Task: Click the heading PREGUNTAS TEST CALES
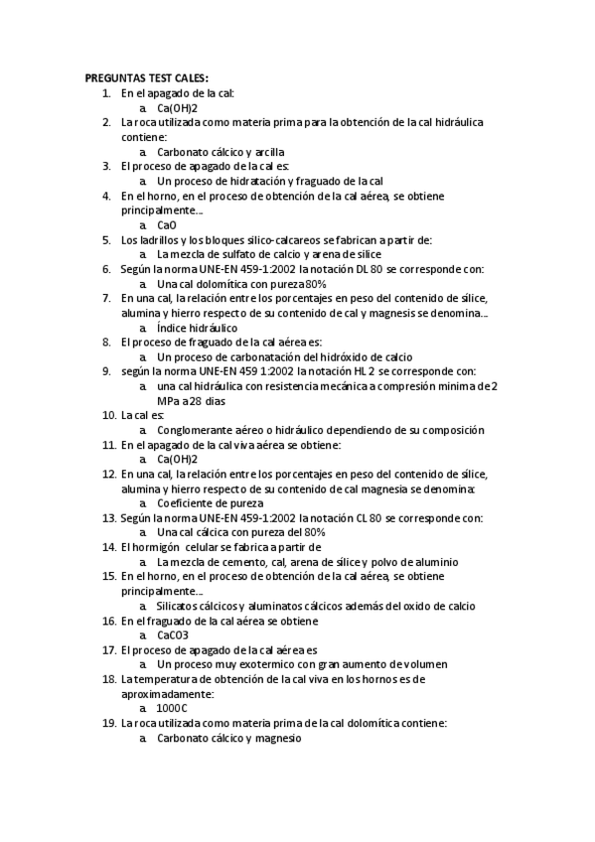pos(147,78)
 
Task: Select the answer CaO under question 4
pos(167,224)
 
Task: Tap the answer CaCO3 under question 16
pos(173,635)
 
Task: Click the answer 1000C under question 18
pos(173,709)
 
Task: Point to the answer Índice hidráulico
pos(198,327)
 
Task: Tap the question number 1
pos(107,93)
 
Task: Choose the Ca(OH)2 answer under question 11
pos(178,460)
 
